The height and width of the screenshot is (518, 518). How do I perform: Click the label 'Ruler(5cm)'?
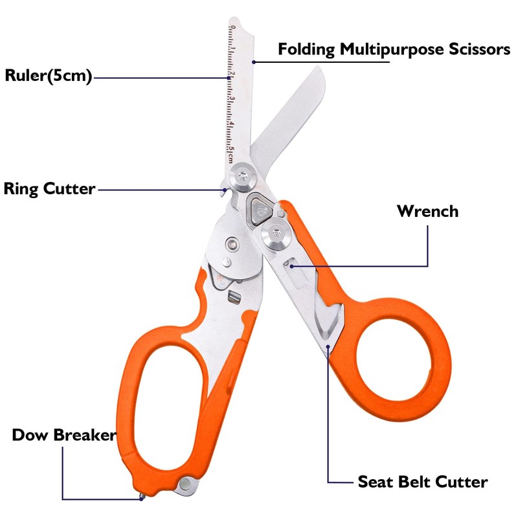(x=49, y=75)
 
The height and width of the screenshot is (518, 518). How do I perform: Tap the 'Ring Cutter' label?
(x=50, y=189)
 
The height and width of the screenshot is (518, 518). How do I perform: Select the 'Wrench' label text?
(x=427, y=211)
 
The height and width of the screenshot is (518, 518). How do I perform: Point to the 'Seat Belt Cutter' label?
(x=422, y=482)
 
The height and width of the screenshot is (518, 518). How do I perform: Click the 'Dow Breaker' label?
(x=63, y=434)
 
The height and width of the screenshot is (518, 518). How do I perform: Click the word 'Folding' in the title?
(x=307, y=49)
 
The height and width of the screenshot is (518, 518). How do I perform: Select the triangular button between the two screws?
(x=259, y=207)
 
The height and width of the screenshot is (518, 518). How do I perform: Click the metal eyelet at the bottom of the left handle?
(x=187, y=482)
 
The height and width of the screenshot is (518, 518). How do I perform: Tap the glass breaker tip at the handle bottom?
(x=143, y=497)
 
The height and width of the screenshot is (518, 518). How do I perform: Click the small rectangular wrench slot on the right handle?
(x=293, y=264)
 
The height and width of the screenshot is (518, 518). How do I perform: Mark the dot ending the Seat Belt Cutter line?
(x=330, y=348)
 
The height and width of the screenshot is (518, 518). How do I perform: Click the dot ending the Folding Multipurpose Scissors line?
(x=254, y=62)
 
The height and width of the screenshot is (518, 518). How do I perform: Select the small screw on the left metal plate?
(x=232, y=243)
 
